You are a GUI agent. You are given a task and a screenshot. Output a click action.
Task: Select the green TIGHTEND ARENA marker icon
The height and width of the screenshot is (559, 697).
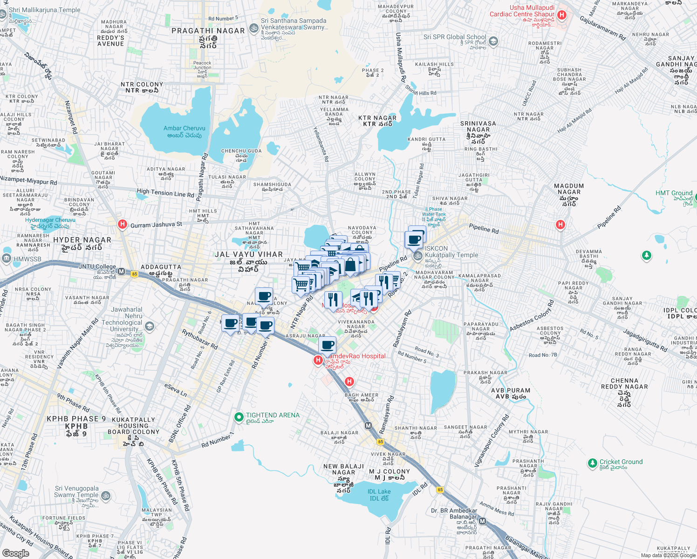[239, 416]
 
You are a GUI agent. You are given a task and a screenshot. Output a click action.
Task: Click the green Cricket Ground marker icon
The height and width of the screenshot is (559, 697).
[592, 463]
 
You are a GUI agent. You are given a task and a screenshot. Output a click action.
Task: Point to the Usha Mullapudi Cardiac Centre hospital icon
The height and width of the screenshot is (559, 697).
[562, 15]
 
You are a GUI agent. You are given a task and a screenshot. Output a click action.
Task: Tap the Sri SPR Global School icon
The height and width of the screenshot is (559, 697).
[493, 41]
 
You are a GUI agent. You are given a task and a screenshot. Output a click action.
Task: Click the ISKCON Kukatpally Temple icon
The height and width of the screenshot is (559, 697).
[418, 256]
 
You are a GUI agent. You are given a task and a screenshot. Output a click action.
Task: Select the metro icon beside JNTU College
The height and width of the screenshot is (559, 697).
[122, 272]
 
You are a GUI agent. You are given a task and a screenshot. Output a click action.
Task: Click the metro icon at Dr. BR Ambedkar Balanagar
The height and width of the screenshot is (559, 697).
[483, 521]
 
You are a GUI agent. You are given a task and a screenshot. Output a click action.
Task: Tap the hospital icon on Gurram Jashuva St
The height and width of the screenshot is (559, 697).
[122, 225]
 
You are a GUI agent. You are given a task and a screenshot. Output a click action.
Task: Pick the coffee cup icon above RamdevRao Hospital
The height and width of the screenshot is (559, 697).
[328, 345]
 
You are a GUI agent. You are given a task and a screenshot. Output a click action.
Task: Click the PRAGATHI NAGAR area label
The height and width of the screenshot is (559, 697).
[208, 31]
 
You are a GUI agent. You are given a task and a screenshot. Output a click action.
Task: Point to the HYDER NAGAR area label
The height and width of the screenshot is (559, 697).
[82, 240]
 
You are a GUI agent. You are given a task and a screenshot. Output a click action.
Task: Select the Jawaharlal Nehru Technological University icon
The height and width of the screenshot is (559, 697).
[149, 326]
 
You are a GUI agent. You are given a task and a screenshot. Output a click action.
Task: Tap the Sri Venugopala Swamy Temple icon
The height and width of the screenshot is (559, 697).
[106, 496]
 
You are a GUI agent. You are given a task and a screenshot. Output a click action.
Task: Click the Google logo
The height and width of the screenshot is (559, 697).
[15, 553]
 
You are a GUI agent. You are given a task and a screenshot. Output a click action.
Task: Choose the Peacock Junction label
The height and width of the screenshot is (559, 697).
[202, 65]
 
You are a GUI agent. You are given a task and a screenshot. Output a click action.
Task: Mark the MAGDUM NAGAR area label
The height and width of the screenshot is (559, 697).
[569, 189]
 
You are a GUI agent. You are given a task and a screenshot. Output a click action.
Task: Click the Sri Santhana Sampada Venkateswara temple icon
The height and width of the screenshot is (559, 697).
[254, 28]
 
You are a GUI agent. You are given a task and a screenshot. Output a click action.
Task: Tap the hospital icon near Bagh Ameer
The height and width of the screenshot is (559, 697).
[349, 382]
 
